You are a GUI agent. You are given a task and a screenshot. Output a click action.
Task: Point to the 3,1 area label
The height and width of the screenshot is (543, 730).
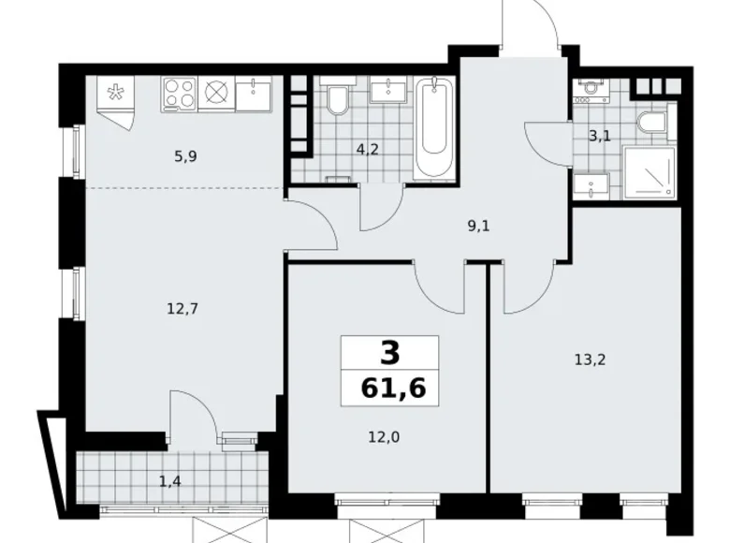tap(598, 136)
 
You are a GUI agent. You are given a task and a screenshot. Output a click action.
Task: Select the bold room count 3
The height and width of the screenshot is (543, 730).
tap(390, 353)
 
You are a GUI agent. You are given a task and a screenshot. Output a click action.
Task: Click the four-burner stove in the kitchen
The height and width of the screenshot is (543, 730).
tap(180, 94)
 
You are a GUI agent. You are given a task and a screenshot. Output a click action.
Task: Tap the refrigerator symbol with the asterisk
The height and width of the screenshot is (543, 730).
tap(116, 94)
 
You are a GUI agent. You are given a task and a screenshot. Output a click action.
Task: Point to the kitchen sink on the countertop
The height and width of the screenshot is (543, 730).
tap(254, 94)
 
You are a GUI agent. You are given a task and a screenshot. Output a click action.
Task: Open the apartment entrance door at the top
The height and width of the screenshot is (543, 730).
tap(531, 28)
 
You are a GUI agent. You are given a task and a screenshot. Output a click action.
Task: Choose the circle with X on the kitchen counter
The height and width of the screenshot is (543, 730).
tap(217, 94)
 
